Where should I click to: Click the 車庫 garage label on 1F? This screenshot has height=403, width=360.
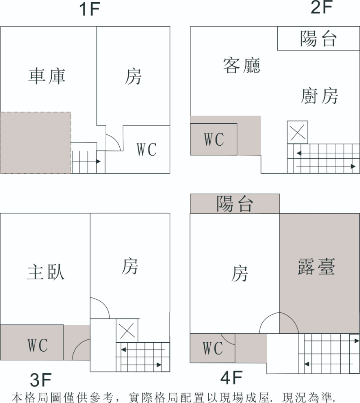[x=47, y=76]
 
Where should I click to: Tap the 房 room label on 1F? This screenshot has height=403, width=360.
[x=133, y=77]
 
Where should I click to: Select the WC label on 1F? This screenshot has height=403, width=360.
[x=147, y=149]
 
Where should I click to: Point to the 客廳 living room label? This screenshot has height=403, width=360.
[x=242, y=66]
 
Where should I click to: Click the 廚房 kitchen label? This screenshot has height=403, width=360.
[x=319, y=96]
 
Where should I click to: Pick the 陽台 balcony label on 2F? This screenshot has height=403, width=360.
[x=318, y=39]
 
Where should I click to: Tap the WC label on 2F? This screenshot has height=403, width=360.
[x=214, y=139]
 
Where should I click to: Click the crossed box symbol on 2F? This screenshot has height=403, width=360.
[x=297, y=132]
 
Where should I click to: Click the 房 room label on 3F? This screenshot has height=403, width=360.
[x=130, y=266]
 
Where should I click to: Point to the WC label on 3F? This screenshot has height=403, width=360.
[x=38, y=345]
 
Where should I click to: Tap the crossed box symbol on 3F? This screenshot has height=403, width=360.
[x=127, y=331]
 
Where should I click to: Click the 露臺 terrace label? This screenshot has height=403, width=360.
[x=316, y=266]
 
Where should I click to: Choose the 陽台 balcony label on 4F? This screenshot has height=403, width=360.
[x=234, y=204]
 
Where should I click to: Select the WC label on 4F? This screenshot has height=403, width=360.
[x=213, y=348]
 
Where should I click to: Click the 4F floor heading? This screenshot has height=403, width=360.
[x=232, y=377]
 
